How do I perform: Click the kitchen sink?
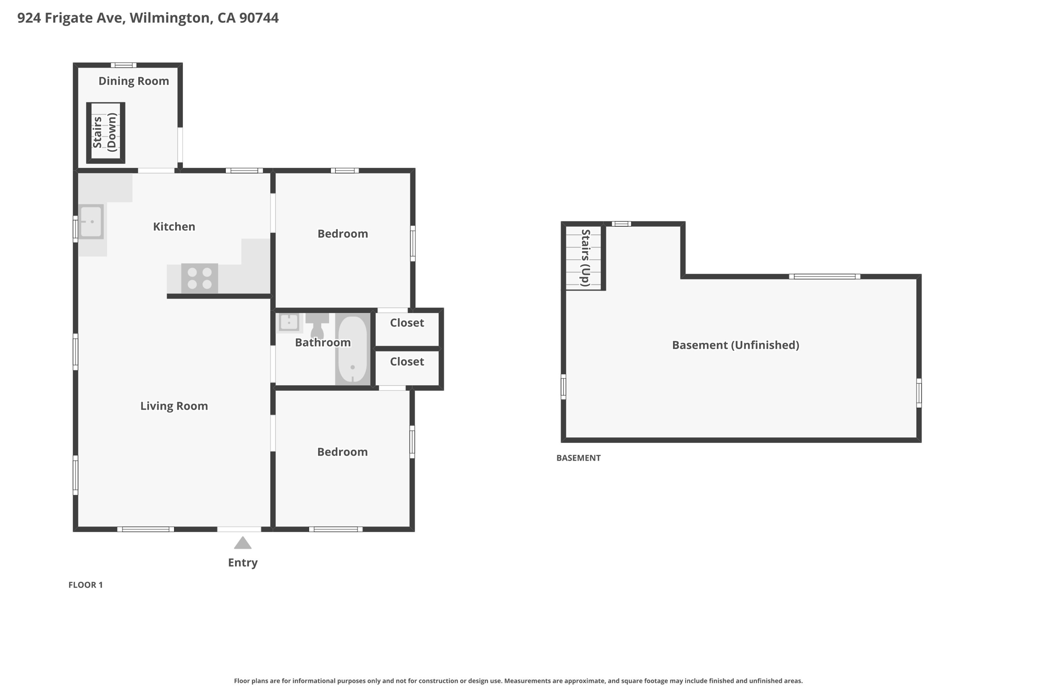(x=91, y=221)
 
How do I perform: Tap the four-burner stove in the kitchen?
(x=200, y=278)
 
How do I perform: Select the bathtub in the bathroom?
(x=352, y=349)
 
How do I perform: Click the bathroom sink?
(x=289, y=322)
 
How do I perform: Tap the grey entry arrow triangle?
(x=243, y=543)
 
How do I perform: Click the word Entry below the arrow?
(x=243, y=562)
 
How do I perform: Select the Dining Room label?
(x=134, y=81)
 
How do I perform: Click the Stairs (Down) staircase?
(x=105, y=133)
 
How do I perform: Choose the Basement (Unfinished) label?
(x=735, y=345)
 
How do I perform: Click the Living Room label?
(x=174, y=406)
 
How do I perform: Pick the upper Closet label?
(x=407, y=323)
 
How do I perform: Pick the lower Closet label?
(x=407, y=362)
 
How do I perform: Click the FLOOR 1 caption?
(x=86, y=585)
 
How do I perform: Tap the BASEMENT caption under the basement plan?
(x=578, y=458)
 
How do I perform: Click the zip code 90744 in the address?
(x=259, y=18)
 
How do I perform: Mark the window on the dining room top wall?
(x=124, y=65)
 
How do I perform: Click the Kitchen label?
(x=174, y=227)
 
